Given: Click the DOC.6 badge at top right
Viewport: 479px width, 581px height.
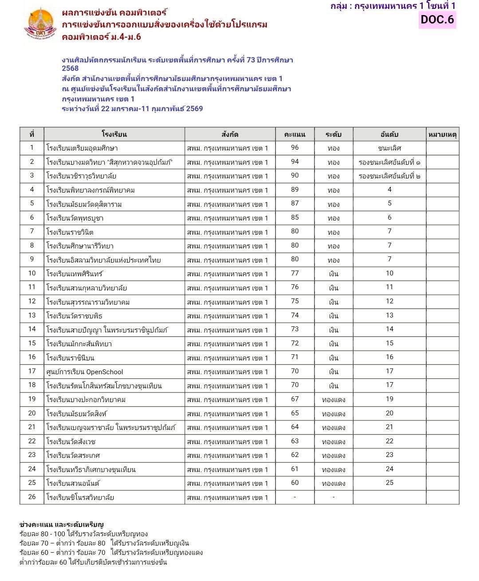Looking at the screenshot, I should point(437,19).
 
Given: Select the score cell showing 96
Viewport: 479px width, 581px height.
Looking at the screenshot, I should point(295,148).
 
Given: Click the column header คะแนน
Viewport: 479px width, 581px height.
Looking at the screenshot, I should point(295,134).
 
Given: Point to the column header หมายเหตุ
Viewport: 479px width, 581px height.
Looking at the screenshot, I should point(442,134).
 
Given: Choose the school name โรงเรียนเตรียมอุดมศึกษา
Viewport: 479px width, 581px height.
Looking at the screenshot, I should point(82,148).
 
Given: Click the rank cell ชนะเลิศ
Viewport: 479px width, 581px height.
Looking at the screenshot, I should point(389,148).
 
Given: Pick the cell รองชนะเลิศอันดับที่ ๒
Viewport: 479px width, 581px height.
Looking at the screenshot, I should point(389,176).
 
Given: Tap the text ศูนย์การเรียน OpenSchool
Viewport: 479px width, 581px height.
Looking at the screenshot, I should point(85,372).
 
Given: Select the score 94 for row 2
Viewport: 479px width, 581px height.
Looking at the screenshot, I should point(295,162).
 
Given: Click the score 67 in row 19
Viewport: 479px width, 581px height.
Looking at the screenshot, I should point(295,399).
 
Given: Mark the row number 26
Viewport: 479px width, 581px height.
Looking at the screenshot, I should point(32,497).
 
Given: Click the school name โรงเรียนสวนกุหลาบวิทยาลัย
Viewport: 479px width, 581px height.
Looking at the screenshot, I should point(86,288).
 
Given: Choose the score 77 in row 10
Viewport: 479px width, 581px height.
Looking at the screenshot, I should point(295,273).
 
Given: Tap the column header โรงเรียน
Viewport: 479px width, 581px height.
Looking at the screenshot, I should point(114,134).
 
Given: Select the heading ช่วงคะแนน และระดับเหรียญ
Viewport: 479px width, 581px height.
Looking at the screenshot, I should point(62,525).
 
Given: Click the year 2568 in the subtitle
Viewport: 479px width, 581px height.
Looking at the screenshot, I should point(71,68).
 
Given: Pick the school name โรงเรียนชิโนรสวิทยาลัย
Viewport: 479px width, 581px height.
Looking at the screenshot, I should point(80,497).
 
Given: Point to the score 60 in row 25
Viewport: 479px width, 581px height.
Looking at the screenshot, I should point(295,483).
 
